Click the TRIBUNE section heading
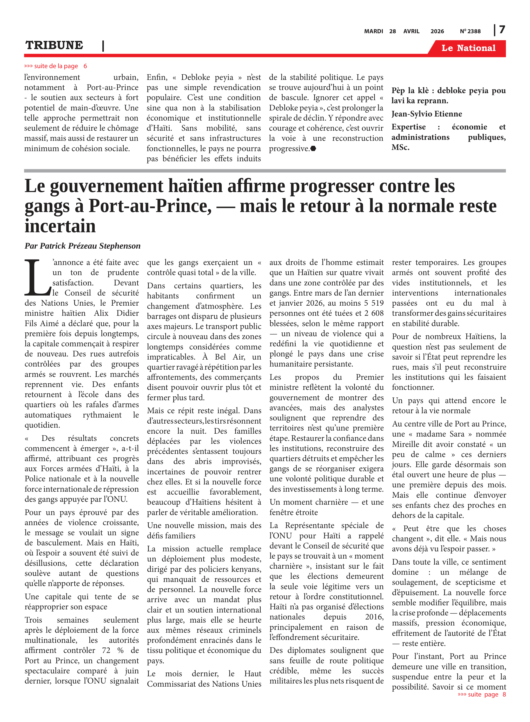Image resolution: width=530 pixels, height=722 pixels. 54,45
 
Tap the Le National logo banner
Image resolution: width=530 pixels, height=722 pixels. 468,48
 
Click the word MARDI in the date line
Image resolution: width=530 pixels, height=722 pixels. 373,31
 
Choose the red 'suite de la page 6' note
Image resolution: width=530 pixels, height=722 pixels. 55,66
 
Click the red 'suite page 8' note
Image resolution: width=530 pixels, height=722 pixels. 482,694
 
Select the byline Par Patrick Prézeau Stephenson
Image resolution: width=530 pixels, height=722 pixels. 82,246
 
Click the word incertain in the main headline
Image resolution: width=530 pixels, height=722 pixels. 60,226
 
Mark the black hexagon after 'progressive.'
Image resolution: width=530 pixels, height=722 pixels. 313,148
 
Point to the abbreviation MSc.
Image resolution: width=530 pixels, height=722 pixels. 400,148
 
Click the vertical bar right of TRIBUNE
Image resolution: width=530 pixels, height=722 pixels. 103,46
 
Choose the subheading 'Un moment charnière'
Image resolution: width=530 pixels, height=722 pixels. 309,502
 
